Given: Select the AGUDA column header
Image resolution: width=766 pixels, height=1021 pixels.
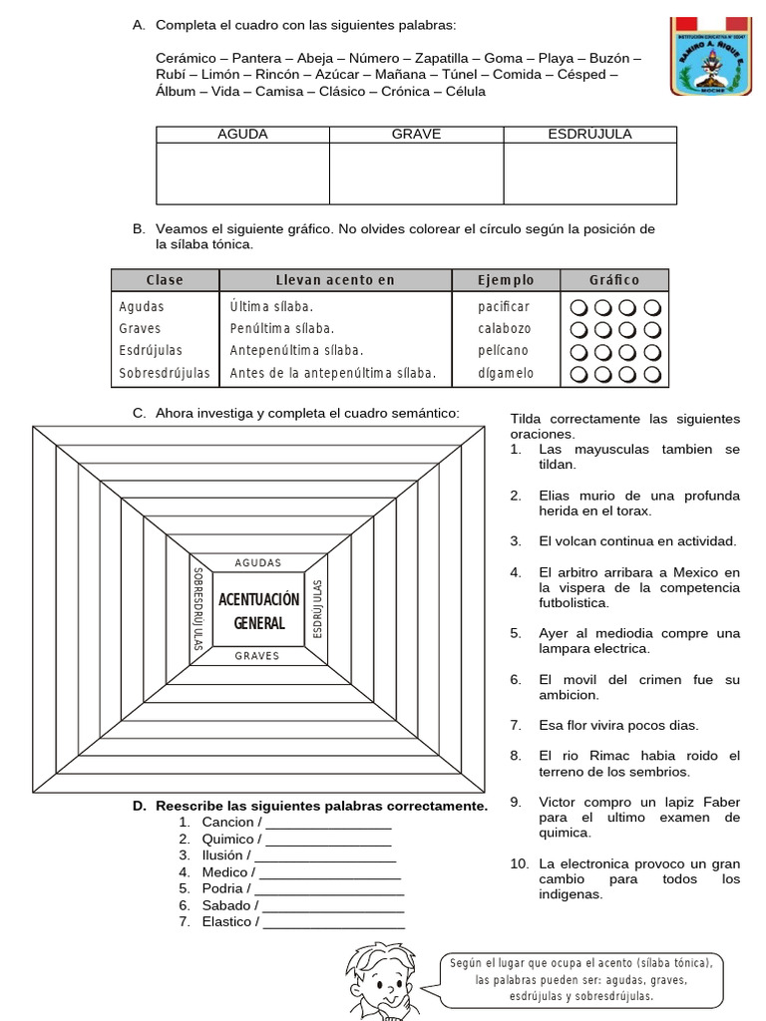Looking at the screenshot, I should click(x=242, y=135).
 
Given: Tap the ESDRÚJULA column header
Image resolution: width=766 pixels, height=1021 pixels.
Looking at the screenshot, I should click(x=589, y=135).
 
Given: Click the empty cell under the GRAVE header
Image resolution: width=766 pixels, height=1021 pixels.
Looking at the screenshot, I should click(x=416, y=173).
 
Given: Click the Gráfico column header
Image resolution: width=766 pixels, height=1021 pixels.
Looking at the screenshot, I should click(x=614, y=280).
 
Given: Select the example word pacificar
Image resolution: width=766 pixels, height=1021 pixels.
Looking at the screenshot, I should click(x=504, y=307).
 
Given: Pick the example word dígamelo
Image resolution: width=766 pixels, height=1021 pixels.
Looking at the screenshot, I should click(x=506, y=374).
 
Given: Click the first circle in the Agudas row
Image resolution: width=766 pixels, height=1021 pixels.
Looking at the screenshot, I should click(x=579, y=307).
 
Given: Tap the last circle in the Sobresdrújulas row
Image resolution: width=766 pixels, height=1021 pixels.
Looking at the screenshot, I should click(x=653, y=375).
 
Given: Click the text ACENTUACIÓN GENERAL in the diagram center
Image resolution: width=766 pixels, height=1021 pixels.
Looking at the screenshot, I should click(x=258, y=611).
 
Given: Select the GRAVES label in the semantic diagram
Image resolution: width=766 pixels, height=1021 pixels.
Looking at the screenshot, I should click(x=257, y=656).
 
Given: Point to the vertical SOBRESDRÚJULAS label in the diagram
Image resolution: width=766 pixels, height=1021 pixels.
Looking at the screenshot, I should click(x=197, y=609).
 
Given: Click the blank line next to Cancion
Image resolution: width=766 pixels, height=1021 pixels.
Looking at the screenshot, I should click(x=328, y=824).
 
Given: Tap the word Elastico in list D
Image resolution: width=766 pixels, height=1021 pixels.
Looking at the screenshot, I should click(x=226, y=922).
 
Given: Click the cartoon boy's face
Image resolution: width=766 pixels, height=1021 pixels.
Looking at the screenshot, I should click(x=385, y=979).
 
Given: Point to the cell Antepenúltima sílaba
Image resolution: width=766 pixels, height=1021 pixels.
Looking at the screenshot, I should click(x=296, y=351).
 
